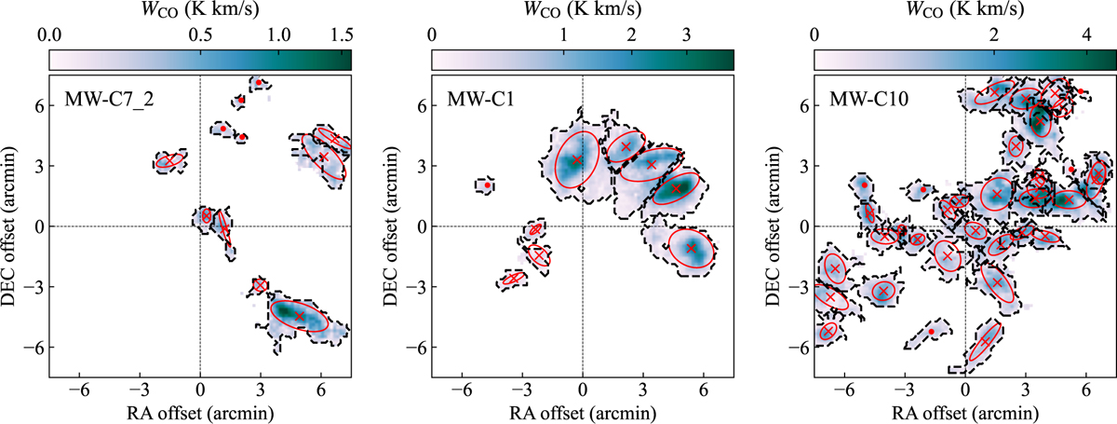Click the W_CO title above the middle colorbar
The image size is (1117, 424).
click(582, 10)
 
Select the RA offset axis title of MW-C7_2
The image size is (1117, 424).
click(199, 414)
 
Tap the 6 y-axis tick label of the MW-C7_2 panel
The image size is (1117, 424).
click(37, 106)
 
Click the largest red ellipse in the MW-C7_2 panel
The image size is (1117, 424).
click(300, 315)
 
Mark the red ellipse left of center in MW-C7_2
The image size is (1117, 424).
click(168, 161)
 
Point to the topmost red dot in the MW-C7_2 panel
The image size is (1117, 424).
click(259, 82)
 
